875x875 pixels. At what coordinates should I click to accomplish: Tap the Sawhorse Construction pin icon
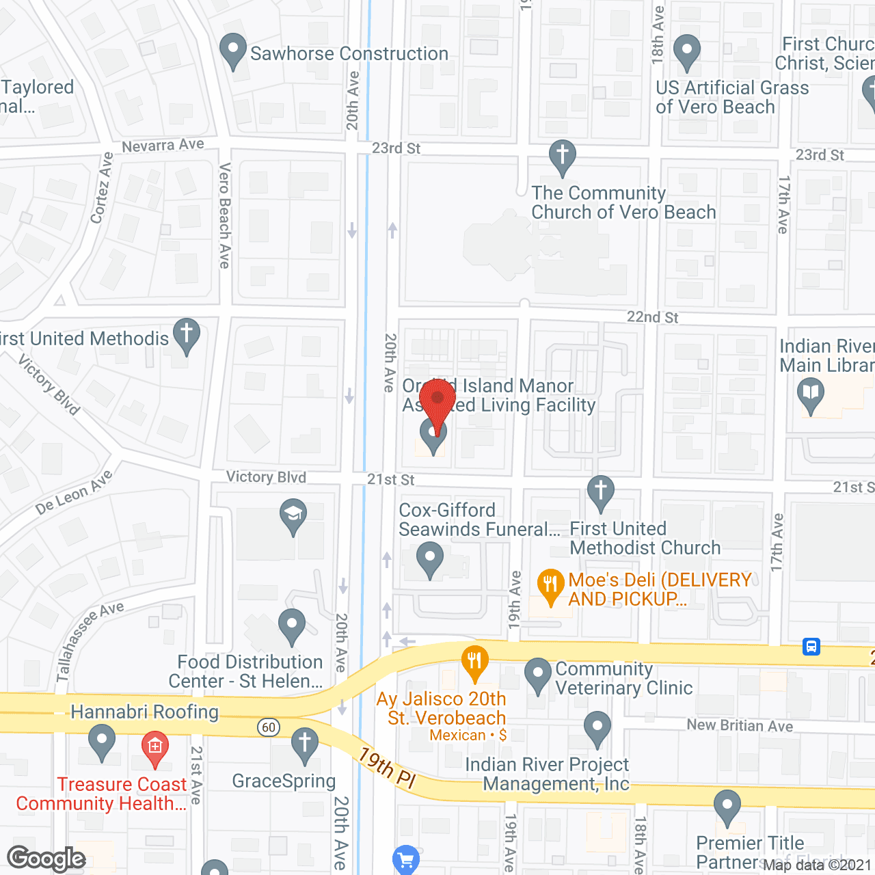(233, 51)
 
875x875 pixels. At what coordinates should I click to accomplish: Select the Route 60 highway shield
(269, 727)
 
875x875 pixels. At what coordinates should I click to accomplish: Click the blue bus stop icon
(811, 646)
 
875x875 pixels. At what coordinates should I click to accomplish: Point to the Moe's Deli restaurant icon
(550, 586)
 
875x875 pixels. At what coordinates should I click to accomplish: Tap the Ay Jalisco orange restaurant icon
(474, 662)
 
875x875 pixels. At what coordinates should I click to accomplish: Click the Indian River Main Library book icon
(811, 394)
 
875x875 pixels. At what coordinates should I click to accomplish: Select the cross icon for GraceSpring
(305, 744)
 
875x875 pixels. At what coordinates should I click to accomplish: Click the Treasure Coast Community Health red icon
(155, 746)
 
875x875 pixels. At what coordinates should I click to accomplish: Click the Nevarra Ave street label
(163, 145)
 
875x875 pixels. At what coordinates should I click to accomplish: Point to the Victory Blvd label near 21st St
(266, 477)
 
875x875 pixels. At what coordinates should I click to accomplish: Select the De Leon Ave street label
(74, 492)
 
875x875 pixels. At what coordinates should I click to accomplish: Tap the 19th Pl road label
(387, 768)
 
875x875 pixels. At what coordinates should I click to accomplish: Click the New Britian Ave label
(740, 725)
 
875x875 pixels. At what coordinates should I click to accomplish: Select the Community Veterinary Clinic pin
(538, 673)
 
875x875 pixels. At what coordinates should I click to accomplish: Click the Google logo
(46, 859)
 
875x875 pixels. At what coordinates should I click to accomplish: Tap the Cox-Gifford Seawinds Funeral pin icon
(430, 558)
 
